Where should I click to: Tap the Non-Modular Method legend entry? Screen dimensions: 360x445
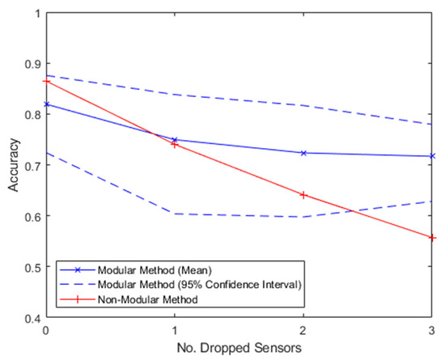coord(129,299)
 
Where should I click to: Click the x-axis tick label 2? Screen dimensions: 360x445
coord(303,331)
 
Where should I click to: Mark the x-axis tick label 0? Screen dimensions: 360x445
coord(45,331)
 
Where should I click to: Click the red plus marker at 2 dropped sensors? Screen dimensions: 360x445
coord(303,194)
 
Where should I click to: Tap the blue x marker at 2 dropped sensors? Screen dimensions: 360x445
coord(303,153)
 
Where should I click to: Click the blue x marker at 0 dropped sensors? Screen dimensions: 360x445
coord(45,104)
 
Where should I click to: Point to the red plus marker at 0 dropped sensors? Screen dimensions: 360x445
coord(45,81)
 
